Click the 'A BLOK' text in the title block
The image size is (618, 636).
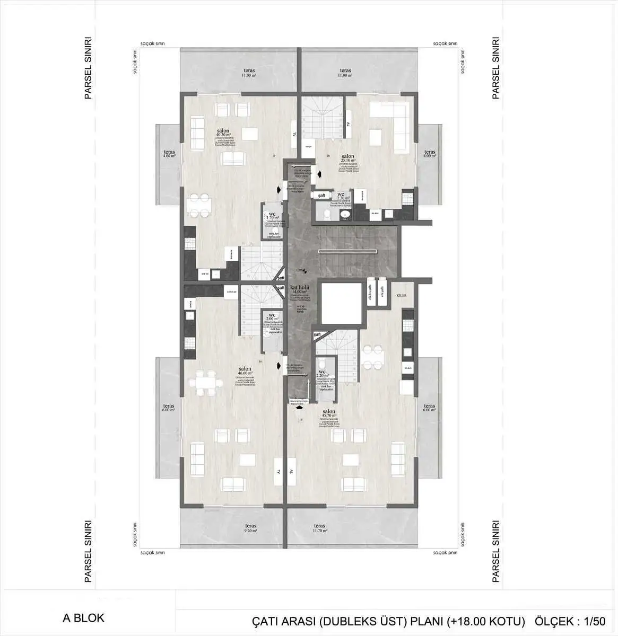[x=83, y=618]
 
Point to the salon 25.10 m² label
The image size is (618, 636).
[x=348, y=158]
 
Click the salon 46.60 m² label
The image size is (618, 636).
[x=245, y=371]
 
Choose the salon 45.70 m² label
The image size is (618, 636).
[x=329, y=413]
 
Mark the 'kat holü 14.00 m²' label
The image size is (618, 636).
[x=300, y=289]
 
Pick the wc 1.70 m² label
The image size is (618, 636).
[x=272, y=216]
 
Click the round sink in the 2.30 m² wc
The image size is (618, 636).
[x=345, y=214]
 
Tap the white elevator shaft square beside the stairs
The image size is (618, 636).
[x=341, y=303]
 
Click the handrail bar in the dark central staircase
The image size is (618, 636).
[x=347, y=251]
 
